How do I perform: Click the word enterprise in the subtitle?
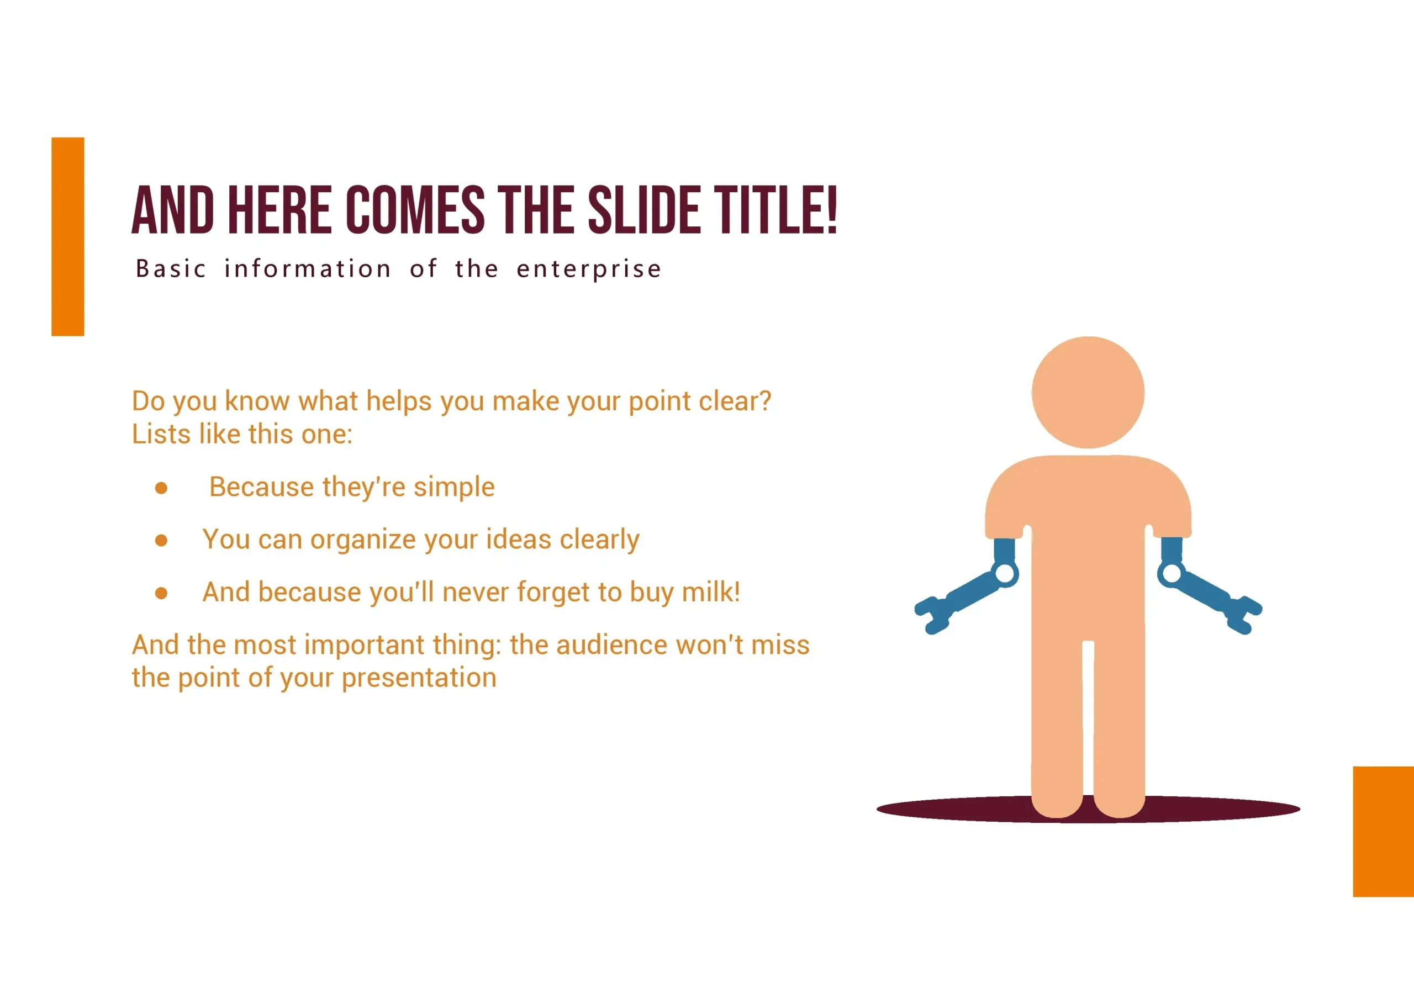589,269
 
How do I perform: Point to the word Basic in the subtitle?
171,268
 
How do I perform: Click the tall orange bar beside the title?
68,236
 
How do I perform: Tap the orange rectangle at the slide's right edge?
1383,832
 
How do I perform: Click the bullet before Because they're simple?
161,488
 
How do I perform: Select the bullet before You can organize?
161,540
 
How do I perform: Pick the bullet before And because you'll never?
161,593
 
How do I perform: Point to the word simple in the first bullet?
454,488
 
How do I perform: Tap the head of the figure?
1088,392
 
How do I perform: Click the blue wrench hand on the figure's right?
1210,585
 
